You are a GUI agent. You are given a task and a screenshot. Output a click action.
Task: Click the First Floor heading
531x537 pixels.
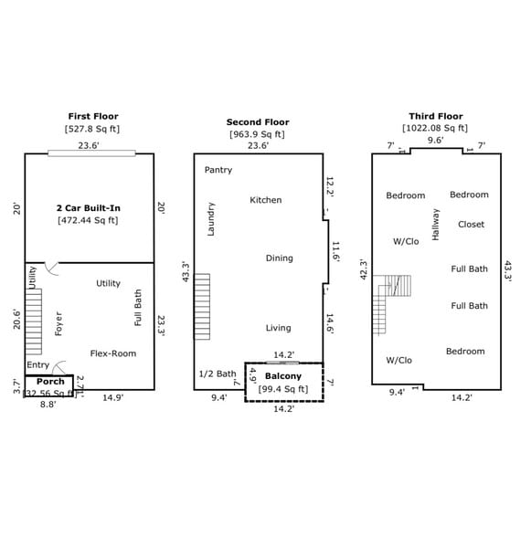pos(93,117)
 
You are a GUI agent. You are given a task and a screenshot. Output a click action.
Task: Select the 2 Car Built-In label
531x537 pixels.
pos(89,208)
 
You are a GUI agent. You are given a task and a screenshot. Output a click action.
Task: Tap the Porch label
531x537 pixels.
pos(50,381)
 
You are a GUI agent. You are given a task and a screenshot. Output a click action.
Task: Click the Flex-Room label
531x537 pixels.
pos(113,353)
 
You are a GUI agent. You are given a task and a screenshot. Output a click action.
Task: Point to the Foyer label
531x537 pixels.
pos(58,323)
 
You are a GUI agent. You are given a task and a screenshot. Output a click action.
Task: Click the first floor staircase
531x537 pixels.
pos(34,321)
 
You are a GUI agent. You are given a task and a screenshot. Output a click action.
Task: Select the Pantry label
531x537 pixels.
pos(218,170)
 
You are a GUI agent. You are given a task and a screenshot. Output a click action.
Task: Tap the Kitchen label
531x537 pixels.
pos(266,200)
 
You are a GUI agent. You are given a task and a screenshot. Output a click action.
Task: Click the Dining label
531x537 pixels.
pos(280,258)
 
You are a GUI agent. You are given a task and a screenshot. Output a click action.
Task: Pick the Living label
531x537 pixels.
pos(279,328)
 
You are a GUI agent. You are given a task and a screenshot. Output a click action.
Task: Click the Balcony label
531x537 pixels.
pos(283,376)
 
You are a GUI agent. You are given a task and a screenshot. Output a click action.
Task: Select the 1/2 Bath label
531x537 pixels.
pos(218,374)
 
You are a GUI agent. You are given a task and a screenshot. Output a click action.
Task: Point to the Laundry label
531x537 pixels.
pos(211,219)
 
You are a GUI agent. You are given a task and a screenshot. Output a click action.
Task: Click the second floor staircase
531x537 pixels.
pos(202,307)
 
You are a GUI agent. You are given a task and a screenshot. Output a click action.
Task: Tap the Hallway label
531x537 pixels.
pos(435,225)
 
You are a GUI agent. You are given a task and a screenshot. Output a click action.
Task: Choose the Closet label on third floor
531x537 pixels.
pos(471,225)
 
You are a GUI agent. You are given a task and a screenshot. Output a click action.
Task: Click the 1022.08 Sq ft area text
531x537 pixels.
pos(435,128)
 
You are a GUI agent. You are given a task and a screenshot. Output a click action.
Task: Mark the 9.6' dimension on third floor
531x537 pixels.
pos(435,140)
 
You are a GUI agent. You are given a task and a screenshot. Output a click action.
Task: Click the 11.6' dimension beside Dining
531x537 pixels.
pos(335,252)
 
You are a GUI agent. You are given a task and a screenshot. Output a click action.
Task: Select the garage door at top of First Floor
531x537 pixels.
pos(91,153)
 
